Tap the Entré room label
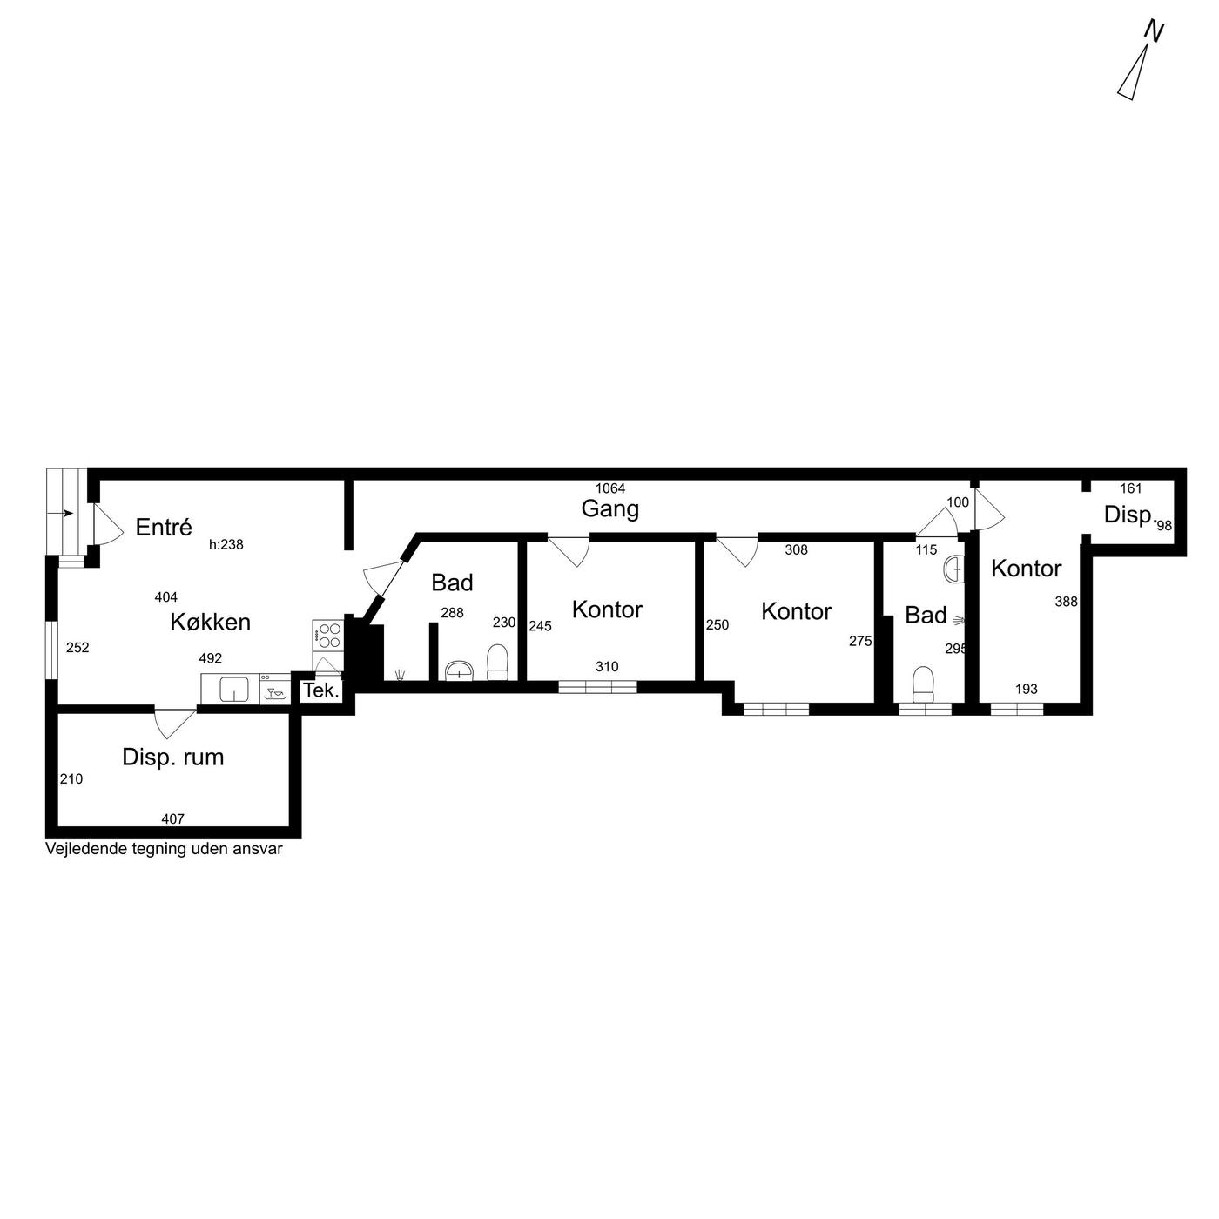coord(163,528)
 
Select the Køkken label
coord(210,623)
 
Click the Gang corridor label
coord(609,509)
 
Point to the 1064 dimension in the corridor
coord(609,488)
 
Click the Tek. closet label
coord(321,690)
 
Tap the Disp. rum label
coord(172,758)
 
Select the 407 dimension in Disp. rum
coord(172,819)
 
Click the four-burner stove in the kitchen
coord(327,636)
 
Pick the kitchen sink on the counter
coord(233,689)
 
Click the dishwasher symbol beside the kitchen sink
coord(274,689)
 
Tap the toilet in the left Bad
coord(497,663)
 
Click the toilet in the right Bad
coord(924,684)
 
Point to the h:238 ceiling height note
coord(226,545)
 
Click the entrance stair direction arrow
coord(67,513)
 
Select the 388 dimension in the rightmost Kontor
coord(1066,602)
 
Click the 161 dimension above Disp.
coord(1130,488)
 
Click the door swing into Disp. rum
coord(175,723)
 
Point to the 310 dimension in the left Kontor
coord(607,666)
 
